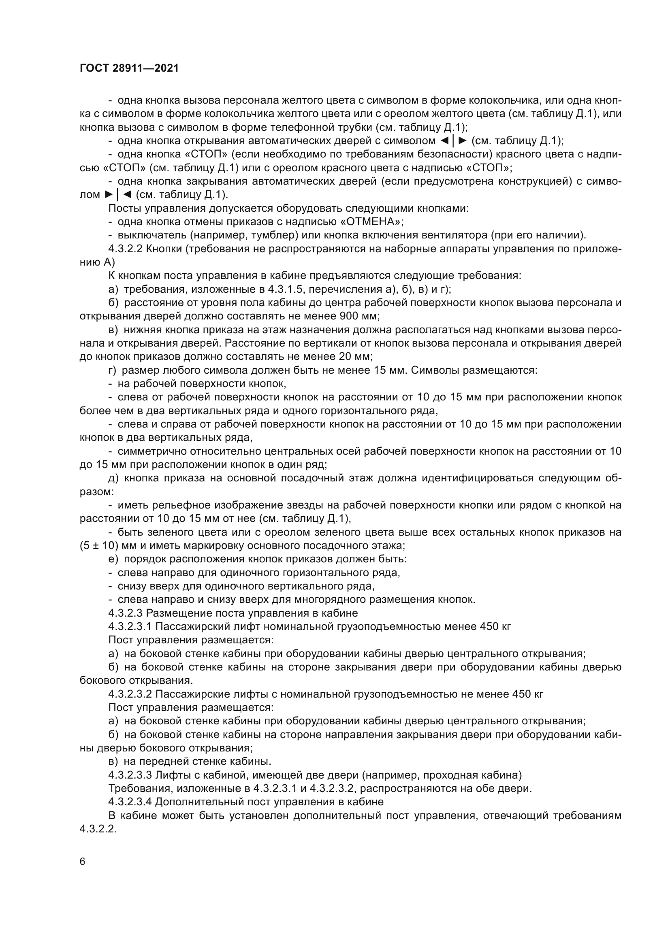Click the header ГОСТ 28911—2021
[x=129, y=68]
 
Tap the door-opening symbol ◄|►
[x=453, y=140]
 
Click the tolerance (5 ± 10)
[x=99, y=546]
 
